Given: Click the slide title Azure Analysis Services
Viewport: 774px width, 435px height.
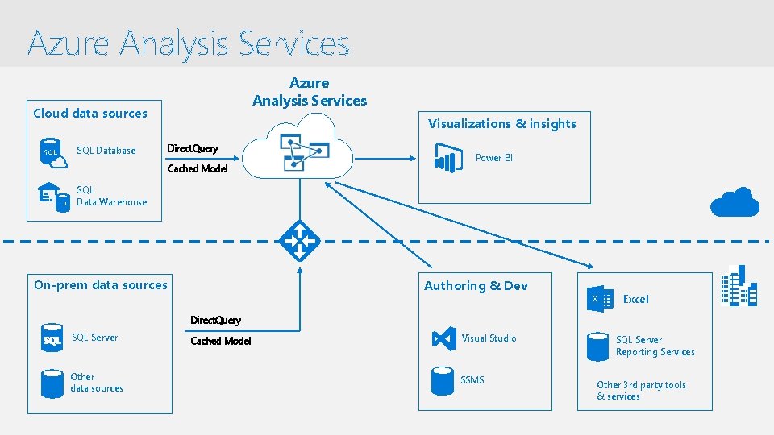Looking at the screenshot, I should coord(189,43).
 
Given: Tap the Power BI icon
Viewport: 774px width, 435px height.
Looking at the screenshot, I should coord(447,157).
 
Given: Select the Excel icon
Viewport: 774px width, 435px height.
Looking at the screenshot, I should coord(597,298).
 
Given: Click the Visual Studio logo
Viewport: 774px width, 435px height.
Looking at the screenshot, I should coord(444,338).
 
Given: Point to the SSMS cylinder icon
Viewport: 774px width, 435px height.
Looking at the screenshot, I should coord(443,380).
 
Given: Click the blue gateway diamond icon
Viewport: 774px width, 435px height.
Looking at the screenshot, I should coord(299,241).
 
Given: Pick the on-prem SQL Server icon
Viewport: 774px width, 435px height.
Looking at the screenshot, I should coord(52,339).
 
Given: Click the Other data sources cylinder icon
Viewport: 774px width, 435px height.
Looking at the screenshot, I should coord(52,383).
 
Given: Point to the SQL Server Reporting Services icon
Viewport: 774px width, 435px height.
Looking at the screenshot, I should coord(597,346).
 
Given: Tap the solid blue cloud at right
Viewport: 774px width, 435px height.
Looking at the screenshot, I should coord(734,202).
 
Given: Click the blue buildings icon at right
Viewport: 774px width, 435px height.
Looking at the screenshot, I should coord(739,286).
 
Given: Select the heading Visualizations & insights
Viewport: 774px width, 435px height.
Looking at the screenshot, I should coord(501,124).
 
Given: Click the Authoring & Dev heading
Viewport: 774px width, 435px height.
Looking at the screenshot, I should coord(476,286).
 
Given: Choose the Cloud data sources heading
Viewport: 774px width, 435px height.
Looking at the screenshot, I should coord(90,114).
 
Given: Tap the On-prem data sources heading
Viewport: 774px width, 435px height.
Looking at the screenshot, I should coord(101,284).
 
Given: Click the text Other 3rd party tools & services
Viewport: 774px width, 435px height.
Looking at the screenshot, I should coord(641,391).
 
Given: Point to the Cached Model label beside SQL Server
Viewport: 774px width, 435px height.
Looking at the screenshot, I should coord(220,341).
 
